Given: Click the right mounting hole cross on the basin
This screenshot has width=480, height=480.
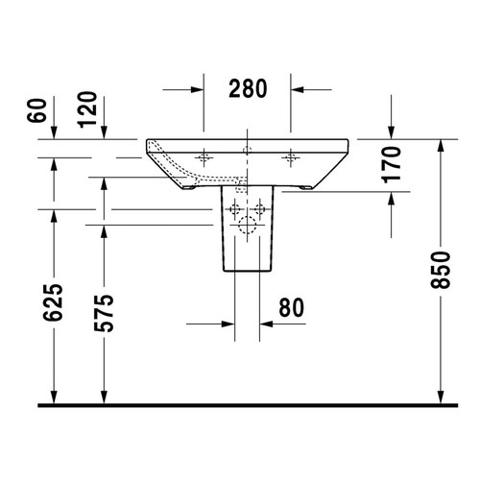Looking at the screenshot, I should pos(290,156).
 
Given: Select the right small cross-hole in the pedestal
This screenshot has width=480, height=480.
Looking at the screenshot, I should pos(259,208).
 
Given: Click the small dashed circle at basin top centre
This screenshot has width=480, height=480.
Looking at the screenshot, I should pos(248,150).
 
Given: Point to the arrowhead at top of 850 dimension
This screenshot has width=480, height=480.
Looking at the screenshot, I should pos(440,145).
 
